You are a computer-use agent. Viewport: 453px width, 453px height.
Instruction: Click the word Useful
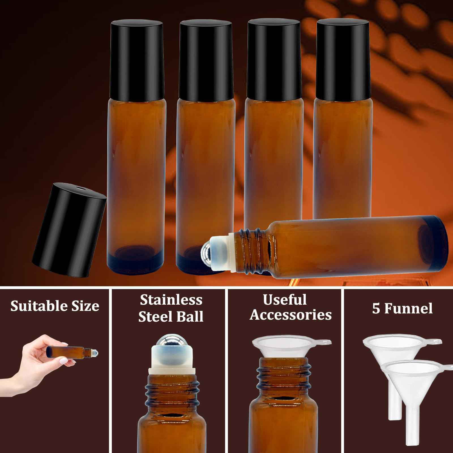[285, 300]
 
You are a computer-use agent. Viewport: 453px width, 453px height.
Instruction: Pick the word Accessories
[290, 315]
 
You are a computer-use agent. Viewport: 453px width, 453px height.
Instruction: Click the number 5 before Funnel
[376, 309]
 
